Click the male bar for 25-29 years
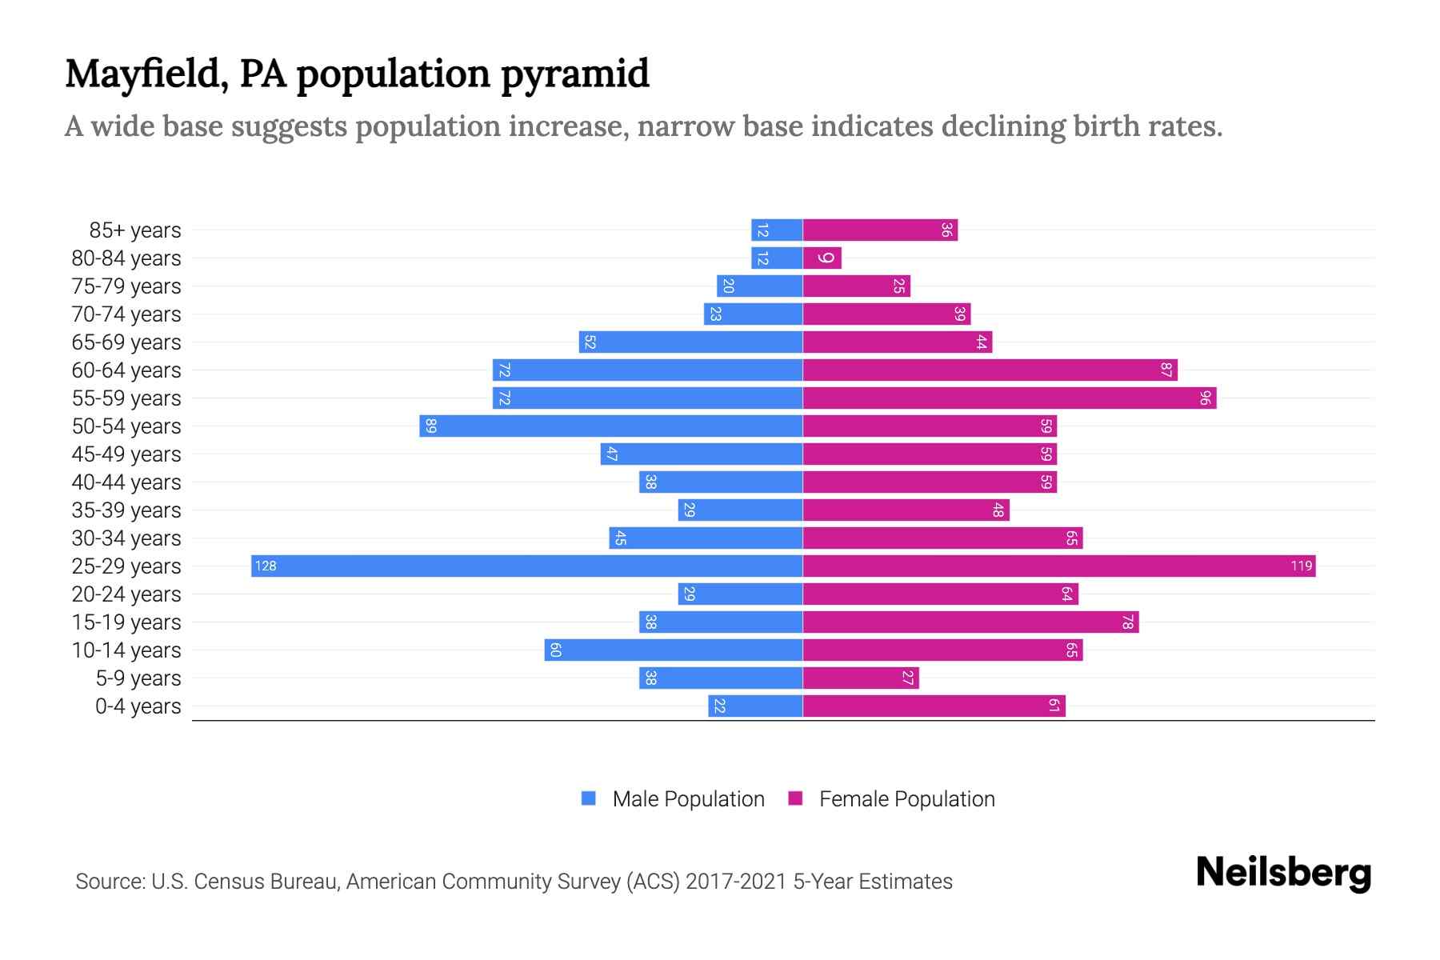pyautogui.click(x=526, y=566)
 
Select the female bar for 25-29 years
pyautogui.click(x=1058, y=566)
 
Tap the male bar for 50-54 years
pyautogui.click(x=610, y=426)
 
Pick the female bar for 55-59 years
pyautogui.click(x=1009, y=398)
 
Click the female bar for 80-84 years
pyautogui.click(x=822, y=258)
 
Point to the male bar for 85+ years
pyautogui.click(x=777, y=230)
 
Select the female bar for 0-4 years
pyautogui.click(x=934, y=706)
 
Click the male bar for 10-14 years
pyautogui.click(x=674, y=650)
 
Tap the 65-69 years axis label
pyautogui.click(x=126, y=342)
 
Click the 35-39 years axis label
pyautogui.click(x=126, y=510)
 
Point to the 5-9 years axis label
pyautogui.click(x=138, y=678)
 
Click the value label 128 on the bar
pyautogui.click(x=266, y=566)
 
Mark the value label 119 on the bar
pyautogui.click(x=1301, y=566)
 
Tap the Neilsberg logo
pyautogui.click(x=1283, y=873)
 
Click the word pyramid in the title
pyautogui.click(x=575, y=74)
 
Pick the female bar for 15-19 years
pyautogui.click(x=970, y=622)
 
